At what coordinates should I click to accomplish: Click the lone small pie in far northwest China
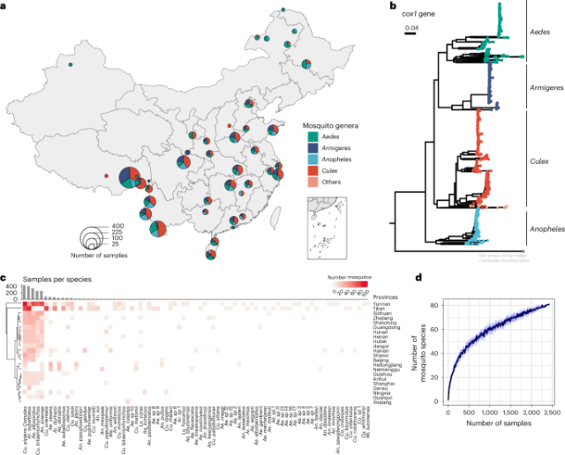(70, 64)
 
